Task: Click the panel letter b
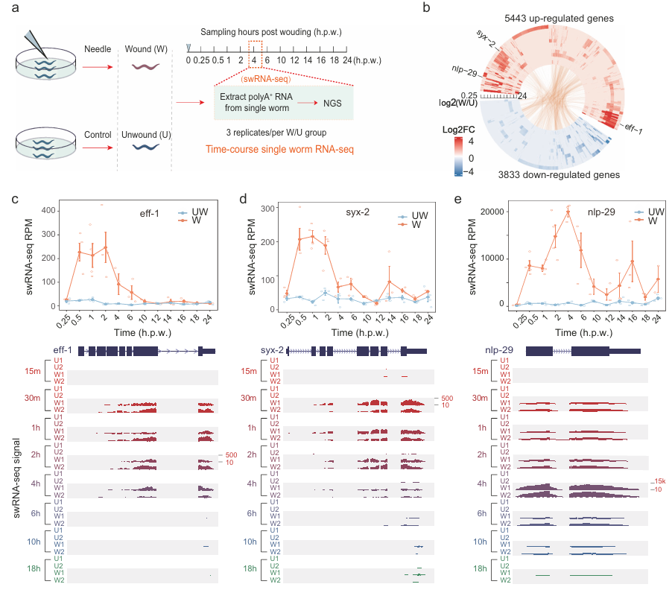click(426, 8)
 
